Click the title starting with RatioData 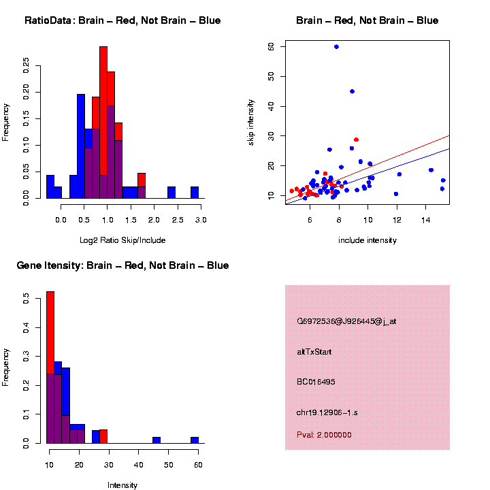point(122,20)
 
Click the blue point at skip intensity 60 point(336,47)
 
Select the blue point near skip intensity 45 point(352,91)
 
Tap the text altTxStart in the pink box point(314,352)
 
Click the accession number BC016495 point(316,382)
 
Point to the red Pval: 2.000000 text point(324,435)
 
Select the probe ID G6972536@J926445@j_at point(346,321)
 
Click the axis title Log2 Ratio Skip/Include point(122,240)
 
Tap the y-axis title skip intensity point(251,121)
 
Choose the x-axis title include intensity point(367,240)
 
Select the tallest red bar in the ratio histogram point(103,122)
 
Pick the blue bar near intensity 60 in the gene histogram point(194,440)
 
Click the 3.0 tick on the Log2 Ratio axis point(201,220)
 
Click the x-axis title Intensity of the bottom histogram point(122,485)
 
